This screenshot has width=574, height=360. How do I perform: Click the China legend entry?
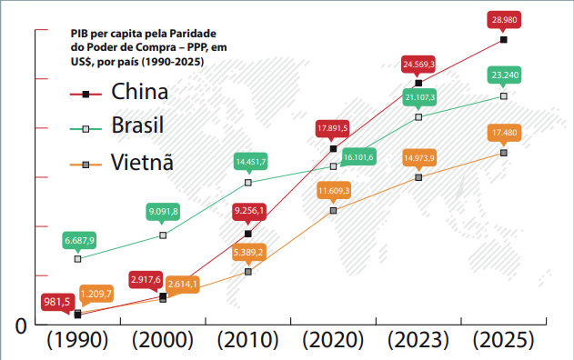point(119,92)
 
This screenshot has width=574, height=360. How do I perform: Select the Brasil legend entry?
point(116,125)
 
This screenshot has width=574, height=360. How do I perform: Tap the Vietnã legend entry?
point(122,162)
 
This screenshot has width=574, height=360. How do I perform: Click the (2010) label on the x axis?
point(247,340)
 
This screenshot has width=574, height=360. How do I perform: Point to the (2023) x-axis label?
point(418,340)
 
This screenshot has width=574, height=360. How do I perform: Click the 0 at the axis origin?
point(21,325)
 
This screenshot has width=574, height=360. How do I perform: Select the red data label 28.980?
point(504,20)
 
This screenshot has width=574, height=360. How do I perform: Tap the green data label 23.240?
point(505,75)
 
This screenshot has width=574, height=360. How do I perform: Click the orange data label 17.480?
point(505,133)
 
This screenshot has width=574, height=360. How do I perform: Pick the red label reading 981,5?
point(57,302)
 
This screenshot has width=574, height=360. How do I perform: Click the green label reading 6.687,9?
point(79,240)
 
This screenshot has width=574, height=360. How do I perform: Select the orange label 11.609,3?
point(334,191)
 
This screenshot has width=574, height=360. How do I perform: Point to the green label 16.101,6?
point(358,157)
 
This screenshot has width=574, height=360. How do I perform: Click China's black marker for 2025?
point(504,39)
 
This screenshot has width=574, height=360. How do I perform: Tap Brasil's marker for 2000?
point(163,235)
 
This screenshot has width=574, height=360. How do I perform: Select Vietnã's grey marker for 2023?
point(418,177)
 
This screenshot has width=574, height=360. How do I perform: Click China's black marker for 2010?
point(248,234)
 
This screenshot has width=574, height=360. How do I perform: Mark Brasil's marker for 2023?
point(418,117)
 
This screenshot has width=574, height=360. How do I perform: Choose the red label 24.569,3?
point(418,65)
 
